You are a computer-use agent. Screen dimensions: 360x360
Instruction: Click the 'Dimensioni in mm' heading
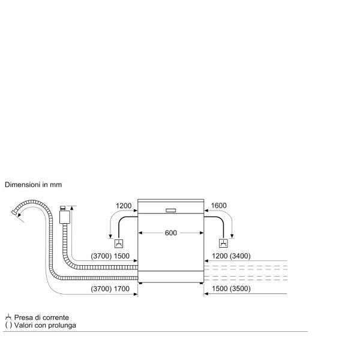click(x=34, y=185)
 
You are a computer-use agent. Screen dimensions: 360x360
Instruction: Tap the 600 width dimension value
click(x=171, y=233)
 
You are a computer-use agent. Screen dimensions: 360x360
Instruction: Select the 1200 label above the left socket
click(x=124, y=206)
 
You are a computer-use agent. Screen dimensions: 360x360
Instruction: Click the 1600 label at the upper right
click(x=219, y=206)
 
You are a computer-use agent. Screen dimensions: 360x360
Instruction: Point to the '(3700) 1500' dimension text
click(x=110, y=256)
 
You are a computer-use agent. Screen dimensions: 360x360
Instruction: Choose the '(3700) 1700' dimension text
click(x=110, y=289)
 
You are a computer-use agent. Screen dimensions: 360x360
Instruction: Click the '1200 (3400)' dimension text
click(x=231, y=256)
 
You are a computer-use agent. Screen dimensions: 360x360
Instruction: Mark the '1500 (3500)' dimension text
click(x=231, y=289)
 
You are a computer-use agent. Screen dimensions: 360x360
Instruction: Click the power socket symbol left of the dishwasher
click(x=119, y=244)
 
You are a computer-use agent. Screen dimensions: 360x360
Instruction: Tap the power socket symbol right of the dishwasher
click(x=223, y=244)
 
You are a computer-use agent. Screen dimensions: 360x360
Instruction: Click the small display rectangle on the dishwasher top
click(x=170, y=211)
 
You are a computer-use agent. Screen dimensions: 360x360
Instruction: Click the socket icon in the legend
click(x=7, y=317)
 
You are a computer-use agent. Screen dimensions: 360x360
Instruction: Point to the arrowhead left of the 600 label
click(x=142, y=233)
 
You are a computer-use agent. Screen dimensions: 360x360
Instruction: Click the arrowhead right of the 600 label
click(x=200, y=233)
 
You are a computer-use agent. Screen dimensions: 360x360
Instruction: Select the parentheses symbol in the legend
click(x=7, y=325)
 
